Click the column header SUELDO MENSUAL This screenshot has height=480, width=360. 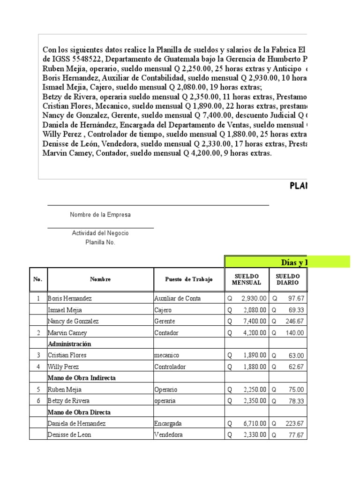point(247,279)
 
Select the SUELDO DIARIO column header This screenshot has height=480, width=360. point(287,279)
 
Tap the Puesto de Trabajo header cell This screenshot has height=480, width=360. point(189,279)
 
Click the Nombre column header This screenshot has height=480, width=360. point(100,279)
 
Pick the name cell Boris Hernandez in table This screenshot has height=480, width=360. point(70,299)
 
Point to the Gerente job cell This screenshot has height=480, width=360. point(163,322)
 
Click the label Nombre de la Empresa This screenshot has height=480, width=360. point(100,215)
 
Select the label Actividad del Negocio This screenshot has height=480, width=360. point(100,233)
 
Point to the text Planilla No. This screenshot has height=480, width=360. point(100,242)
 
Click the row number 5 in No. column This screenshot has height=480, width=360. point(38,390)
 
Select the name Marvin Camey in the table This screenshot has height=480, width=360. point(67,333)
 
